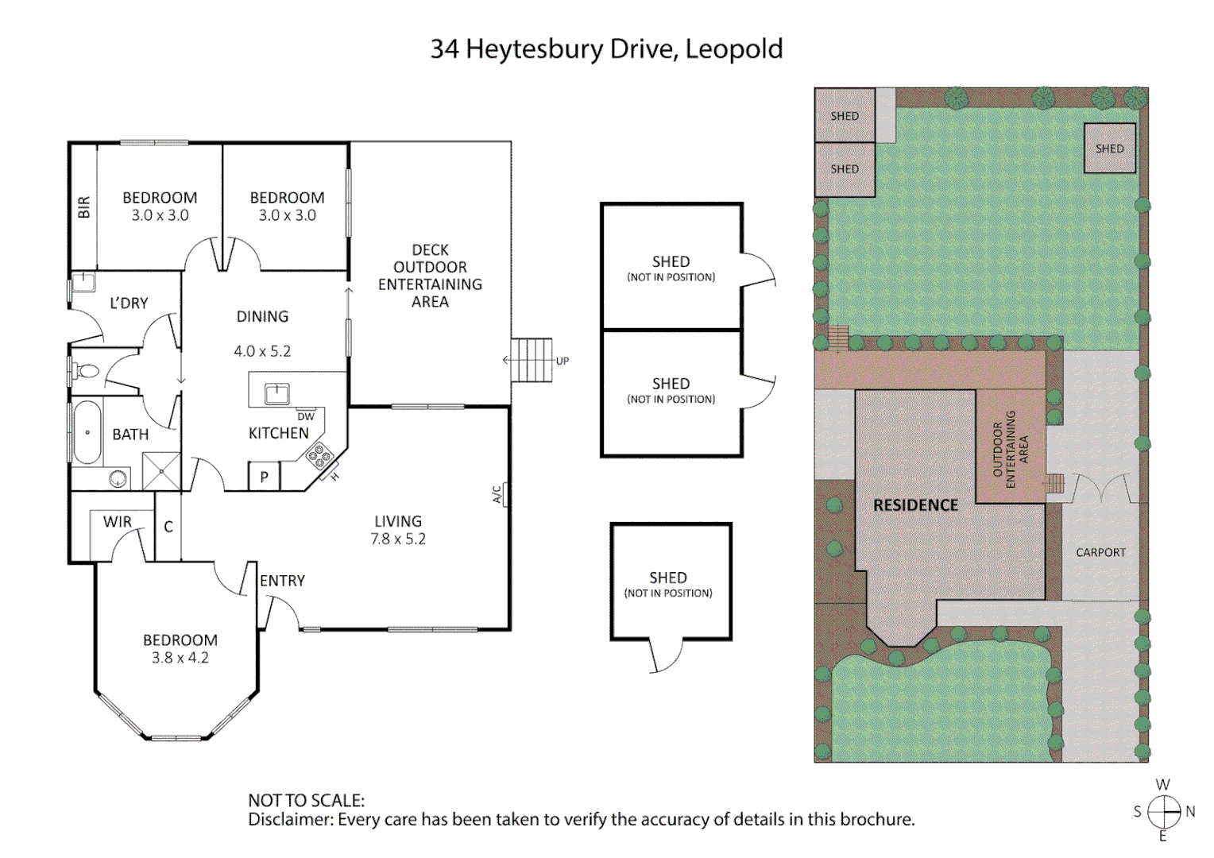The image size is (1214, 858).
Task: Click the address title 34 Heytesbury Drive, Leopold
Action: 606,49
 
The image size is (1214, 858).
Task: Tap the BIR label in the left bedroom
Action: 84,207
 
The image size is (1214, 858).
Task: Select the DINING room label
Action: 262,316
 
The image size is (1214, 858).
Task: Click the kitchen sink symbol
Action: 276,392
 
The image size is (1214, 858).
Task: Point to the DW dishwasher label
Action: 306,416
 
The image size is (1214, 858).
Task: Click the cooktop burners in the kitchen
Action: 319,455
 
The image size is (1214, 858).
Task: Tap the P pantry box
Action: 265,477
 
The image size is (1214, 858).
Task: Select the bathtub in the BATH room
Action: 87,433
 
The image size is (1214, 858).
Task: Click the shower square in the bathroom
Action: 161,470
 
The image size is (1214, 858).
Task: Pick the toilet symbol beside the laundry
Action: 86,371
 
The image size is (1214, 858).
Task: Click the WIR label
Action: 118,522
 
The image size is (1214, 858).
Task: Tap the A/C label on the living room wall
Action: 497,494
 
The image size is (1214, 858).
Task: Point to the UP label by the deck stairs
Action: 563,361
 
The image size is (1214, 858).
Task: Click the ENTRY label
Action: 282,581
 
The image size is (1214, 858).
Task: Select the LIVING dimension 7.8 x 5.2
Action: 398,539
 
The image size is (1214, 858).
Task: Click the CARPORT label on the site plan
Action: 1100,552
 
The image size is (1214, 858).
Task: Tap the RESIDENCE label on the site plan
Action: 915,505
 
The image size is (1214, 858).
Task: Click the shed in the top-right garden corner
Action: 1109,149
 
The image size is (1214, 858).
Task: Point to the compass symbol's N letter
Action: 1190,811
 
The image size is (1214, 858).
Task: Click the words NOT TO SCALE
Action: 306,800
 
